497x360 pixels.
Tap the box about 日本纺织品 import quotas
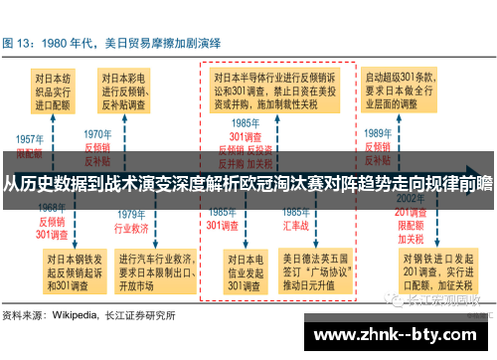click(x=53, y=89)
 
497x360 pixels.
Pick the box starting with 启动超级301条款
click(x=407, y=89)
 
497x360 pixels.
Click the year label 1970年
click(x=97, y=134)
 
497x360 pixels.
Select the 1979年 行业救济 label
click(x=132, y=221)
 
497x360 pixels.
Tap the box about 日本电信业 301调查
click(x=244, y=270)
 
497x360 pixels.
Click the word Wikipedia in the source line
click(x=77, y=315)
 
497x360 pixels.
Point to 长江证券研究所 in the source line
click(x=140, y=315)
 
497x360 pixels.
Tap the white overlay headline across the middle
click(x=248, y=182)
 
